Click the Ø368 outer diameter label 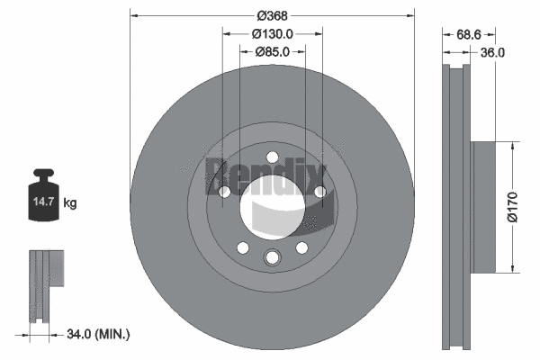[273, 15]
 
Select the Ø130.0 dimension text [273, 33]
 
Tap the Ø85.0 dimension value [273, 51]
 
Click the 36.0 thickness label [492, 52]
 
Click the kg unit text [71, 203]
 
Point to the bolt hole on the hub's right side [319, 191]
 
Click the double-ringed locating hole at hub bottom [272, 259]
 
